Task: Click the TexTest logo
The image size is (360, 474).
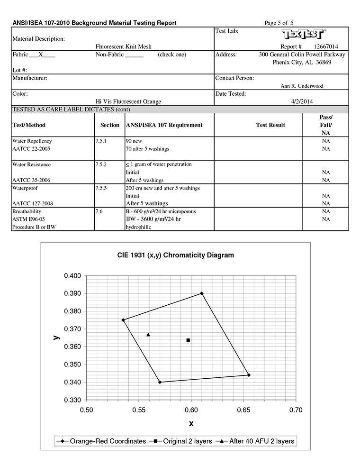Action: [x=304, y=35]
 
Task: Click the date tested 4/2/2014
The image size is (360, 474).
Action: [x=302, y=101]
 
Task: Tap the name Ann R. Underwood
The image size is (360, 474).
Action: [x=302, y=86]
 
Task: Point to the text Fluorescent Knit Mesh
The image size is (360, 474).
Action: [x=123, y=47]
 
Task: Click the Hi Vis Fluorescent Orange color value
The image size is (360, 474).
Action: [x=128, y=101]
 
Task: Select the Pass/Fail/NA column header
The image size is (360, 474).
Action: [x=325, y=125]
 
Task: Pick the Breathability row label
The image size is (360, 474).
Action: [x=27, y=211]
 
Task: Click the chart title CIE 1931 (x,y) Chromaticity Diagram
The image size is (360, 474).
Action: [x=176, y=255]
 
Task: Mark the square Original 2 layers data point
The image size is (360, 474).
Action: [x=188, y=340]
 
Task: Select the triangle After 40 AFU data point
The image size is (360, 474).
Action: [x=148, y=335]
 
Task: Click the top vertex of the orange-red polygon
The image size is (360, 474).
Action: [x=202, y=293]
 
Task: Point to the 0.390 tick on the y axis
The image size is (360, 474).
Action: [x=72, y=293]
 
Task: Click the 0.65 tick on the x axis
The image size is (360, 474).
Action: [x=243, y=409]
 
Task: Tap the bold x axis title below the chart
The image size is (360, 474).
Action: [x=191, y=423]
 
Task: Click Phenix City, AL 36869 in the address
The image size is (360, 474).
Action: [x=304, y=62]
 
